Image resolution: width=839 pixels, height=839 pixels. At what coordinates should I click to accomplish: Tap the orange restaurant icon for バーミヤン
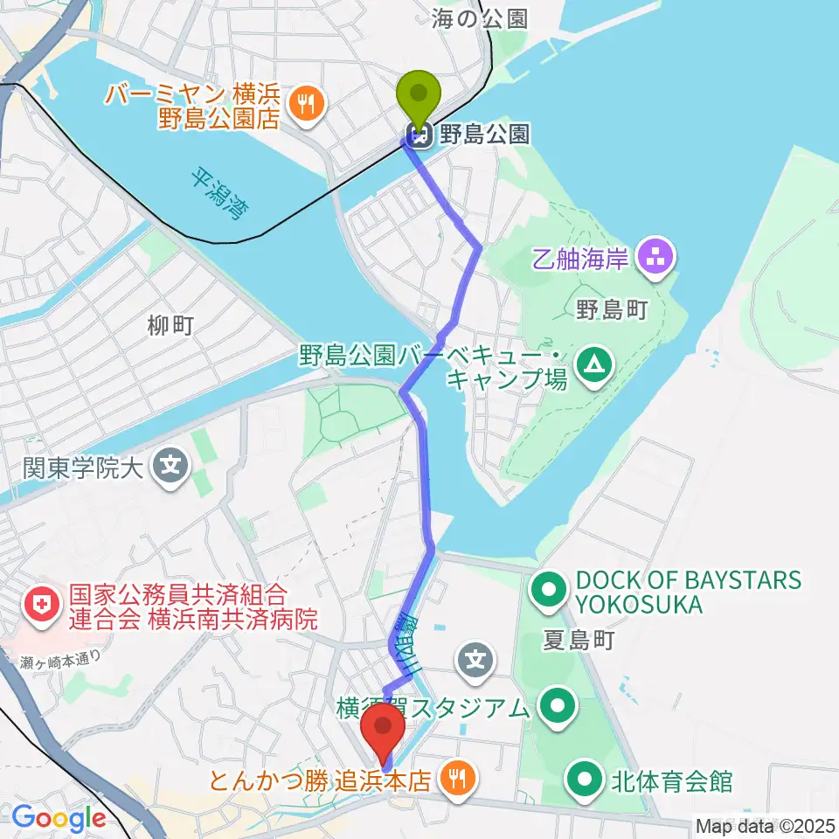[304, 104]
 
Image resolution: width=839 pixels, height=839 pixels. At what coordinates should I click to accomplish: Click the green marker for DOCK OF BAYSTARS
[549, 591]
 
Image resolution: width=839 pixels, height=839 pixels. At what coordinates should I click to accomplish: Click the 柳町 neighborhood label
[170, 327]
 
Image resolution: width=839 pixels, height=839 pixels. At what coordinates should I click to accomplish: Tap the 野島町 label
[611, 309]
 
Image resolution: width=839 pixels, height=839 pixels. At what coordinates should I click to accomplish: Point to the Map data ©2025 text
[764, 824]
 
